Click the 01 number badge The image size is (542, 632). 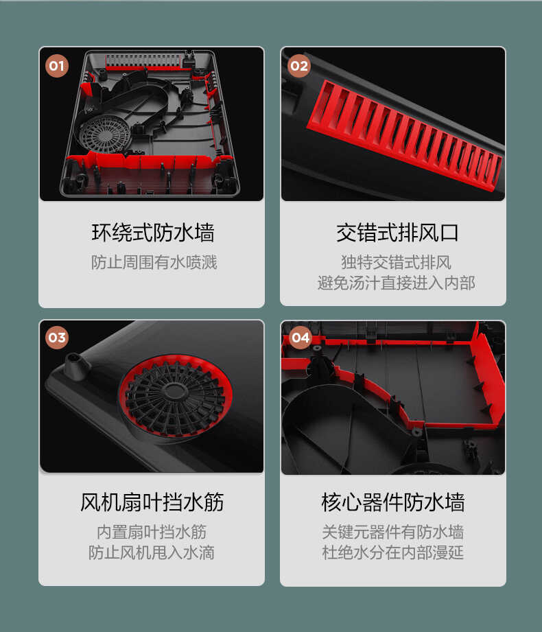coord(56,66)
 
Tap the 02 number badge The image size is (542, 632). coord(298,66)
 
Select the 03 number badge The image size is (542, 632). coord(56,337)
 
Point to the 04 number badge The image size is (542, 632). coord(301,337)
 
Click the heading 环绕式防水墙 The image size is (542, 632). coord(152,233)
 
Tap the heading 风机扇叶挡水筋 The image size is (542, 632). coord(152,502)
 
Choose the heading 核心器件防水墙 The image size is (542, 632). coord(392,502)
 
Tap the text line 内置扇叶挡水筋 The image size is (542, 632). coord(152,532)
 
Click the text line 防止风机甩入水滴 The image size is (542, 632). coord(152,552)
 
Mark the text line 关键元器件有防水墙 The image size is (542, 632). coord(392,532)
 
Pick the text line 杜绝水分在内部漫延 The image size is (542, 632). coord(392,552)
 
